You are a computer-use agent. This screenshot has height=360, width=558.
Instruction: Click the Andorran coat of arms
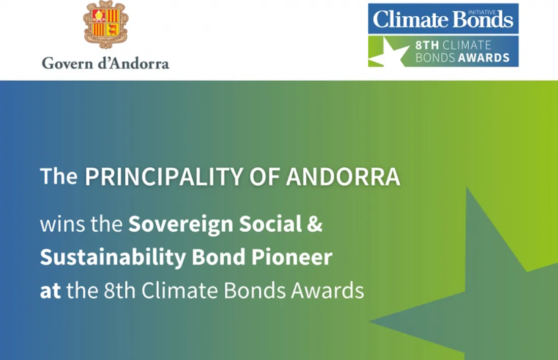(x=106, y=24)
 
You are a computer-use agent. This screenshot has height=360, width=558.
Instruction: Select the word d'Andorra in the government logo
(x=133, y=63)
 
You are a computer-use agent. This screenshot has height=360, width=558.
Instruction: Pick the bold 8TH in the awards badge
(x=427, y=46)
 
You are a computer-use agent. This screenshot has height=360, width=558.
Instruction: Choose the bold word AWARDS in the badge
(x=484, y=58)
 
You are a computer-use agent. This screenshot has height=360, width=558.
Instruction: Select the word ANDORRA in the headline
(x=343, y=176)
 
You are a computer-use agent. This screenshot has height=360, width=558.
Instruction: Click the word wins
(x=62, y=225)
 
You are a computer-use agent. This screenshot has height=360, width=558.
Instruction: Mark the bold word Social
(x=270, y=224)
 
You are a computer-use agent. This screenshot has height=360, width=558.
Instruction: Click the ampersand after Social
(x=314, y=225)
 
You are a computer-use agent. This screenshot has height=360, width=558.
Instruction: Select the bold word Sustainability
(x=113, y=258)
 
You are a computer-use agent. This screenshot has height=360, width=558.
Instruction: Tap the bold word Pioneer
(x=292, y=257)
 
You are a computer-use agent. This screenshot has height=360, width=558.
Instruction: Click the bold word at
(x=50, y=291)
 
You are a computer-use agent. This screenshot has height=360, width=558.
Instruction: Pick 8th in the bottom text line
(x=120, y=290)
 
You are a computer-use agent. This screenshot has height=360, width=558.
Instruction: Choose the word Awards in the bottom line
(x=327, y=290)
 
